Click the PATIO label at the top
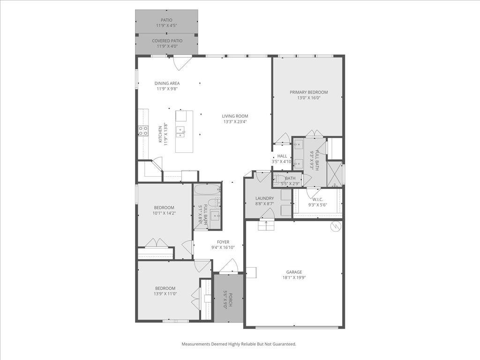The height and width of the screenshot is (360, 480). pos(166,20)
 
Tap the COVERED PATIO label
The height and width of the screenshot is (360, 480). pos(167,41)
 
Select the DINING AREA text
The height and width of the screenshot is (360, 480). pos(167,83)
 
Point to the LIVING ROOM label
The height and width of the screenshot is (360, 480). pos(235,116)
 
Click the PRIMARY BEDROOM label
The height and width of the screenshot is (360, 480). pos(308,92)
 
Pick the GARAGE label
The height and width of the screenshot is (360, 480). pos(294,272)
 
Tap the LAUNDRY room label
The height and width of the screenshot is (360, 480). pos(264,198)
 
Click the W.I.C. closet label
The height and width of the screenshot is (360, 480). pos(317,199)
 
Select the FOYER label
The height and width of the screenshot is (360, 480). pos(223,242)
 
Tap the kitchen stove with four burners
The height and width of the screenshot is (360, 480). pos(143,131)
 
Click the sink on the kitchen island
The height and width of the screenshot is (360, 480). pos(180,130)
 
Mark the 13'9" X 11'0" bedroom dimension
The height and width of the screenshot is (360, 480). pos(165,294)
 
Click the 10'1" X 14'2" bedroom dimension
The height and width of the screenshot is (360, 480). pos(164,213)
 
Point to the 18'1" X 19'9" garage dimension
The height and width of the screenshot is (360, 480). pos(294,277)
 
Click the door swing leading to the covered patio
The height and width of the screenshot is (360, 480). pos(182,62)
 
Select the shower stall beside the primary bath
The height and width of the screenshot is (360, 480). pos(334,173)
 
